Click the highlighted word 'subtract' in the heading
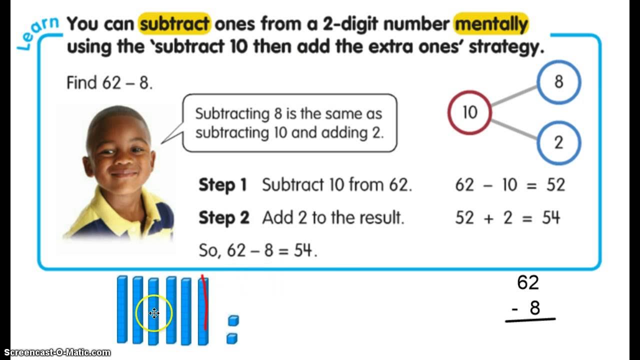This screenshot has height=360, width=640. point(174,23)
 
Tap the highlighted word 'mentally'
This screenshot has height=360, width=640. point(491,23)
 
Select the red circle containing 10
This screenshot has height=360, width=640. point(469,112)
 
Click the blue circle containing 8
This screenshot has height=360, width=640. point(558,82)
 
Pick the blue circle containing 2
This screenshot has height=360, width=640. point(558,143)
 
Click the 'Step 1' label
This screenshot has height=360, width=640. point(223,185)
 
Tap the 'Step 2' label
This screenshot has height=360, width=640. point(223,218)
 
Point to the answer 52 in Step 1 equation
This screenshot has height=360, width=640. point(555,185)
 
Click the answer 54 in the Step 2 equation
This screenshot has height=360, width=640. point(551,218)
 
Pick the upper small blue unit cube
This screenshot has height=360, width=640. point(233,320)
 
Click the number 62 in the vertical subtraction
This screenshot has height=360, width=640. point(528,283)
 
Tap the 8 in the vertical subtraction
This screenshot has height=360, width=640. point(534,308)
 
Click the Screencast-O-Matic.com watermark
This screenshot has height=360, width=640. point(55,353)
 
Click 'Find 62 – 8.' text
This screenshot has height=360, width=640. point(109,82)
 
